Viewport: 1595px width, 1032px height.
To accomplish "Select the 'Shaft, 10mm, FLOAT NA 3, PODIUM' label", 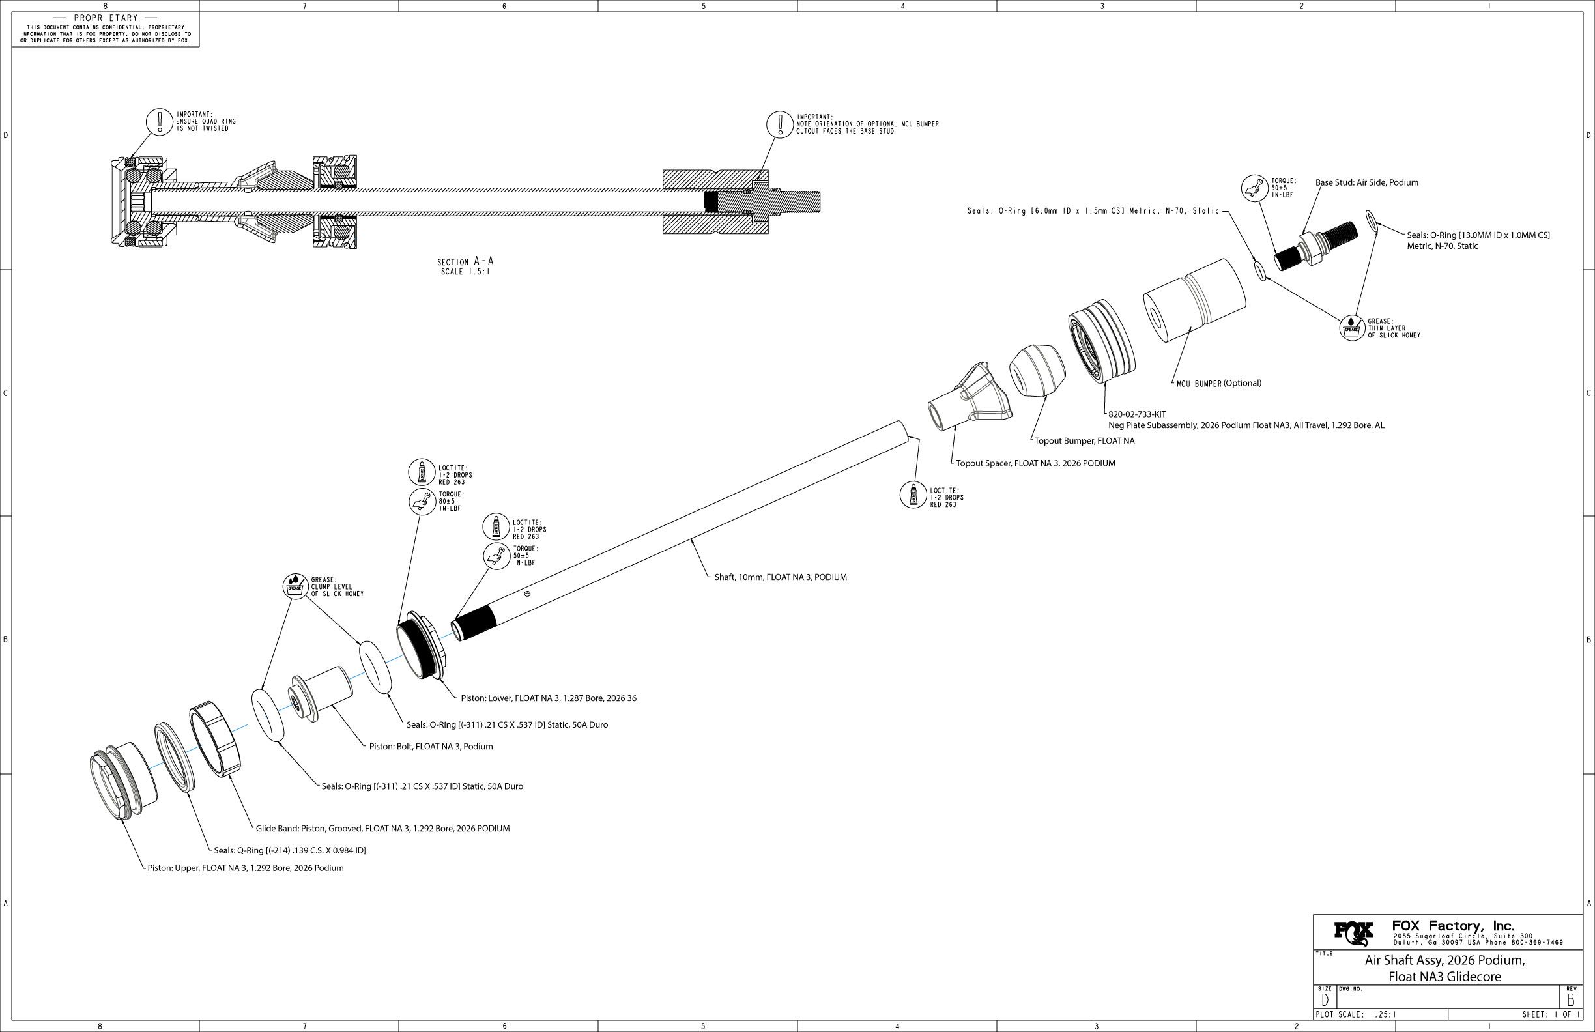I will tap(780, 577).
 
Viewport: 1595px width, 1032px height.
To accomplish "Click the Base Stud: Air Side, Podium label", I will tap(1366, 182).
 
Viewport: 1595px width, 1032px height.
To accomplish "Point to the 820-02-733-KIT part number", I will tap(1136, 414).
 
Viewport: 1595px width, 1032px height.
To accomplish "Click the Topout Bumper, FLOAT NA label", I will tap(1084, 441).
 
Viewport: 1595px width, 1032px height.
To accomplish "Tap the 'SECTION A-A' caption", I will tap(465, 261).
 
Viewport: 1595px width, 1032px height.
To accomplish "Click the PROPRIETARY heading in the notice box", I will tap(106, 18).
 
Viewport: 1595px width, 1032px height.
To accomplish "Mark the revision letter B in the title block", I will tap(1572, 1001).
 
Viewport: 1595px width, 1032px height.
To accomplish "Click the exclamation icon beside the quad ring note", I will tap(160, 121).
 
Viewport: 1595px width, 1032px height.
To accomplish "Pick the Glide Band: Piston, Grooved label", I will tap(382, 828).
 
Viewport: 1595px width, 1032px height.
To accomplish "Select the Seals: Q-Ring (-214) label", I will tap(289, 850).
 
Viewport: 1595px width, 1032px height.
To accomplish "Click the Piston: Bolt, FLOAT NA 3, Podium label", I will tap(431, 747).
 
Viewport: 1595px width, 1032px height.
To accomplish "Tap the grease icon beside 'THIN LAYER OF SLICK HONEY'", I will tap(1351, 328).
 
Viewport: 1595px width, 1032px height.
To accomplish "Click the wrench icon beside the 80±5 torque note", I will tap(422, 500).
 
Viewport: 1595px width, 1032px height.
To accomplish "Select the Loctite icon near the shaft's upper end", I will tap(913, 495).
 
